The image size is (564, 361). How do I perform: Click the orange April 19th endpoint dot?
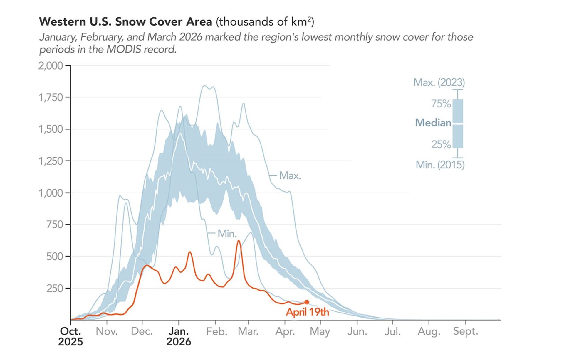pos(307,302)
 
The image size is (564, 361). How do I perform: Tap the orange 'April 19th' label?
pos(307,312)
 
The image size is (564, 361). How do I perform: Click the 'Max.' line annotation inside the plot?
pos(290,176)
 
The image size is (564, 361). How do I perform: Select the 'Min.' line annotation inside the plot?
pos(227,234)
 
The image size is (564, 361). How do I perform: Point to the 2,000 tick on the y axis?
pos(51,65)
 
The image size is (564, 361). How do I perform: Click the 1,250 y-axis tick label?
pos(51,161)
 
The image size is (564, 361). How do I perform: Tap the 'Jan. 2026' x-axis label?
pos(179,336)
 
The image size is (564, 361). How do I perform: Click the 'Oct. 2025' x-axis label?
pos(70,336)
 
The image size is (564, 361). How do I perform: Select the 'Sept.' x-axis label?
pos(466,331)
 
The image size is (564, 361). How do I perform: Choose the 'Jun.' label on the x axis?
pos(357,331)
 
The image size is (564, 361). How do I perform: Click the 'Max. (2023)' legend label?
pos(439,82)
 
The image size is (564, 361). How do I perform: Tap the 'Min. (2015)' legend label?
pos(440,165)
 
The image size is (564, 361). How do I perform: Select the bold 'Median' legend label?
pos(433,122)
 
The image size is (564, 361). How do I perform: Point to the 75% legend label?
pos(441,104)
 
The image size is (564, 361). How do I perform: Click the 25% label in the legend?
pos(441,144)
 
